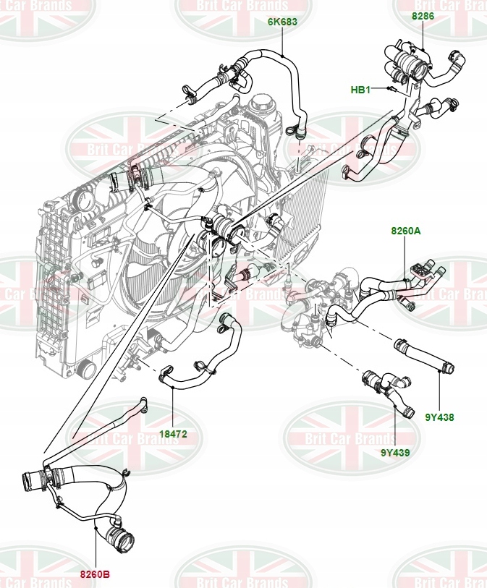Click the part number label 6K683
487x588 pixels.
pos(283,22)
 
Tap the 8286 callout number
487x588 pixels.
pos(423,14)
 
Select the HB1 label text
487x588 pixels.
pos(360,90)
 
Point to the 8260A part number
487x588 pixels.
pos(405,231)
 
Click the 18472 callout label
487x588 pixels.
pos(173,434)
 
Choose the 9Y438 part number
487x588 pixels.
pos(439,417)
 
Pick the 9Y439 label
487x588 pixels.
pos(395,453)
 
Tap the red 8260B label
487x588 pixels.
pos(95,575)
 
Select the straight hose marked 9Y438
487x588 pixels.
pos(423,356)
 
